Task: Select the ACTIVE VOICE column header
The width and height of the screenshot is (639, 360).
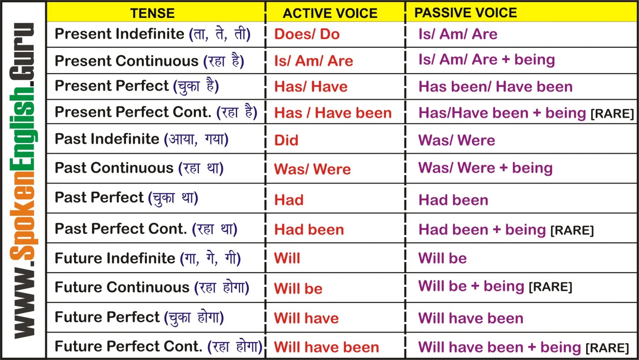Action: (330, 13)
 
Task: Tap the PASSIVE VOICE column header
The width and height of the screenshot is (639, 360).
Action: (465, 12)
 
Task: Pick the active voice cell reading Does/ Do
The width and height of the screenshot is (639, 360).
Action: (307, 34)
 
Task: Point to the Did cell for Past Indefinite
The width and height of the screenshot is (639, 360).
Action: (286, 140)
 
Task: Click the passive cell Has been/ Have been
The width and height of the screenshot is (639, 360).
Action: (495, 86)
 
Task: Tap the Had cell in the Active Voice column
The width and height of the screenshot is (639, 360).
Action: (288, 200)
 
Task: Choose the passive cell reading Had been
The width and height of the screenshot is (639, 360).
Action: (453, 200)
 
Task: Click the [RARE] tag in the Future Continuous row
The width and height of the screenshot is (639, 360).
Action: (550, 287)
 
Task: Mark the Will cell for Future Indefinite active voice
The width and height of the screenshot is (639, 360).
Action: (287, 258)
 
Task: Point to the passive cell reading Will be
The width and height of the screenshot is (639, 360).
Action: (442, 258)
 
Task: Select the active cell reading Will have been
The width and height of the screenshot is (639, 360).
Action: (326, 347)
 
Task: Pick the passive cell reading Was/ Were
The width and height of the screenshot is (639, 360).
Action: (456, 140)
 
